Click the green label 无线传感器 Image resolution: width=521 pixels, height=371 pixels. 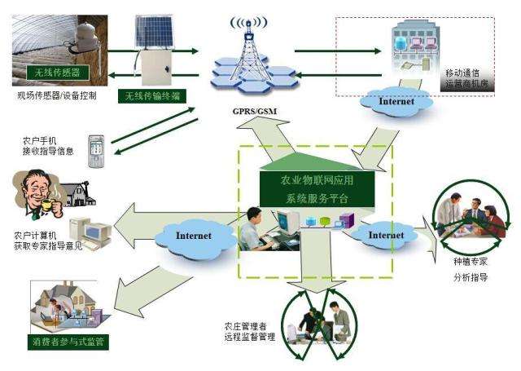55,72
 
